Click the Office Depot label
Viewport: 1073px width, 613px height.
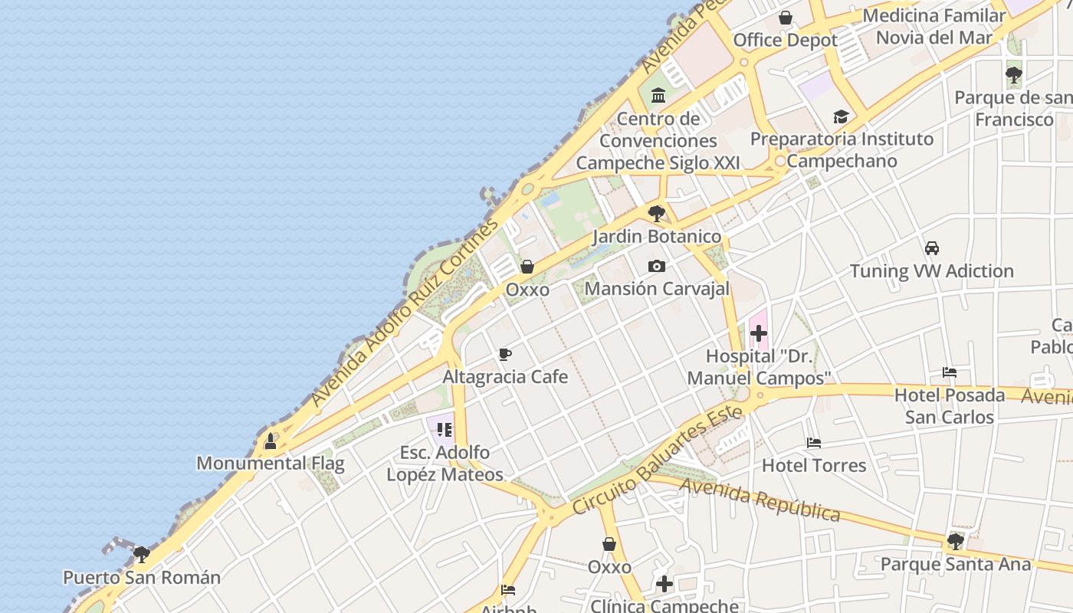(786, 40)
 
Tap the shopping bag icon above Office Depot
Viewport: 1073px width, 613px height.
(786, 18)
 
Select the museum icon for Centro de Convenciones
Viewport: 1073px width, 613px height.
(658, 96)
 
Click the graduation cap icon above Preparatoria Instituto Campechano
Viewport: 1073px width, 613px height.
(841, 117)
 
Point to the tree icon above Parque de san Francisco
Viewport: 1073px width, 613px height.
(1013, 75)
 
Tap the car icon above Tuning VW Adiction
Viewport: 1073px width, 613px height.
(932, 248)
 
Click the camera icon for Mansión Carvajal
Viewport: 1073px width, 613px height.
(657, 267)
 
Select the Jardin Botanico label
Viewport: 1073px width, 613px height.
(657, 236)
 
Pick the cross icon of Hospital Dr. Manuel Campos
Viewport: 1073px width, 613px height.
(759, 333)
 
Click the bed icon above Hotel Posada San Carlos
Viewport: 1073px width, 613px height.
(950, 373)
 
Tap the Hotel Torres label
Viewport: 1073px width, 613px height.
(814, 465)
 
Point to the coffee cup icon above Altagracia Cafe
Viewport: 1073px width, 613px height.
(505, 354)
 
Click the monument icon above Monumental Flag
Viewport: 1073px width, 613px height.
(271, 441)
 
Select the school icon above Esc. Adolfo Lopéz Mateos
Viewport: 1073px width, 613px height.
(445, 430)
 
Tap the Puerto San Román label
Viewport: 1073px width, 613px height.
(142, 577)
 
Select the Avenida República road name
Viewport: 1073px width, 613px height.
(760, 499)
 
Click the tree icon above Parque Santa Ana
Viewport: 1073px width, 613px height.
(955, 542)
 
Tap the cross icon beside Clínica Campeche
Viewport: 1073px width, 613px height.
(664, 585)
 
